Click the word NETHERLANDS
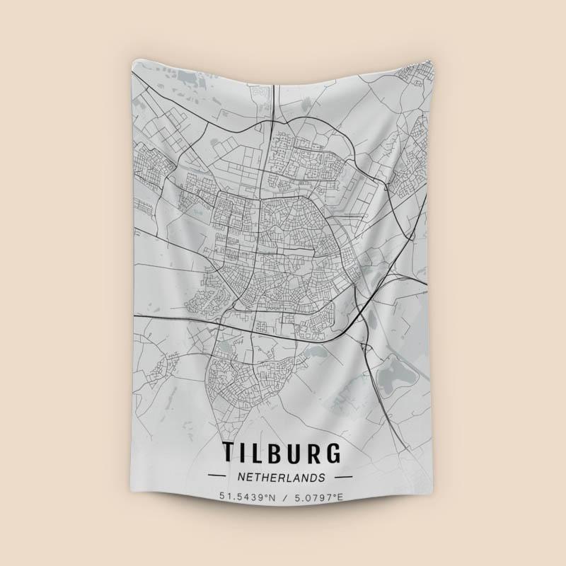(x=283, y=477)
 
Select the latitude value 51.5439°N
(x=248, y=497)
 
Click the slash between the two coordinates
(x=283, y=497)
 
